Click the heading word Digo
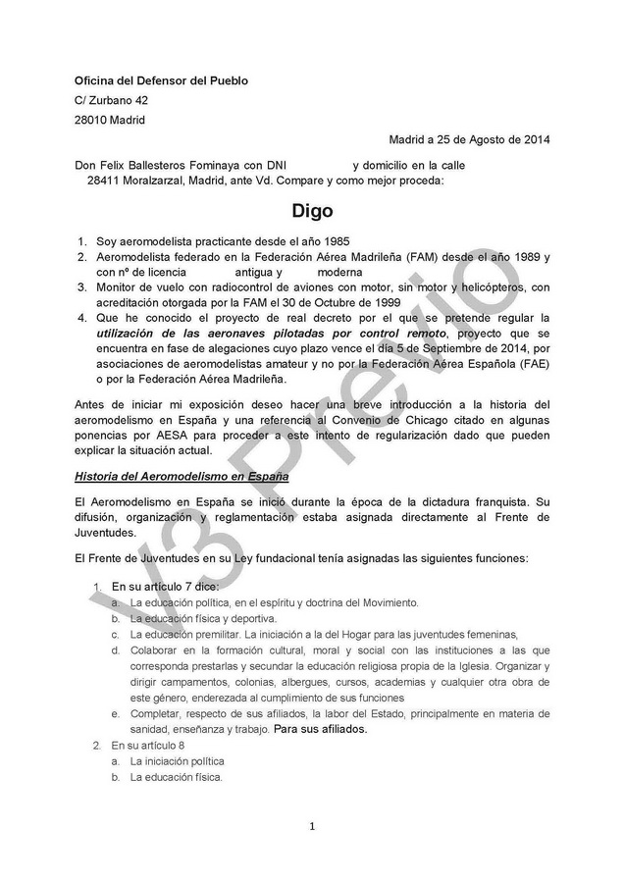(312, 210)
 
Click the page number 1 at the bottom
(312, 826)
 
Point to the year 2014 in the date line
(535, 140)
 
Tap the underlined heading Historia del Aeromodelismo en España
(182, 476)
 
